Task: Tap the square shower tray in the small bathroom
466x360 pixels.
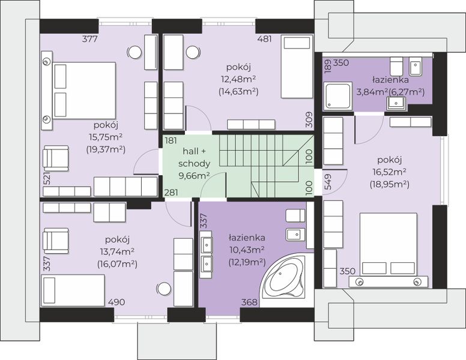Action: coord(337,95)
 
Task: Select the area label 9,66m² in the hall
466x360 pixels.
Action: coord(195,176)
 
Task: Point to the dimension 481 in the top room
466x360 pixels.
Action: coord(264,38)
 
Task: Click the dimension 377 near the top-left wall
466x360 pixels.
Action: coord(89,38)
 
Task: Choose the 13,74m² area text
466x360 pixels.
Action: coord(117,251)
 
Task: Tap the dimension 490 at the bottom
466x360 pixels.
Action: coord(116,302)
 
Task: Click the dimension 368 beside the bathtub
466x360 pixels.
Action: coord(249,302)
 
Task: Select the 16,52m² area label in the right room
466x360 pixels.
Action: coord(389,172)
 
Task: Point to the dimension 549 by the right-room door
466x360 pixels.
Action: coord(328,182)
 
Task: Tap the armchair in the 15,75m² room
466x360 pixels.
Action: coord(56,158)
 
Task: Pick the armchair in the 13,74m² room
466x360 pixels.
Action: coord(56,241)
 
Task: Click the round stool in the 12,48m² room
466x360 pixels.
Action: coord(193,53)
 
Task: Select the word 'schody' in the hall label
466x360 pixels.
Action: coord(195,163)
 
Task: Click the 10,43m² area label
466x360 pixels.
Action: coord(247,250)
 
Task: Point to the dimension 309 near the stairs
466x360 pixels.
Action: coord(309,120)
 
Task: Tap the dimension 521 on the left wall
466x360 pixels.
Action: coord(47,179)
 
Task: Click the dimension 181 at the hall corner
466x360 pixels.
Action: coord(171,140)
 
